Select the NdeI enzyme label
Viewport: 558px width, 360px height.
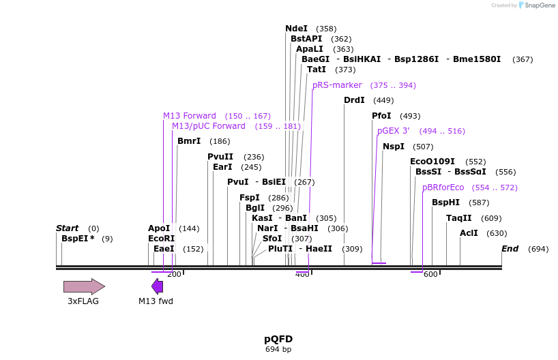296,29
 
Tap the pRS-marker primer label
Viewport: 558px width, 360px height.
337,85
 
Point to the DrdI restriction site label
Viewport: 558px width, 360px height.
354,100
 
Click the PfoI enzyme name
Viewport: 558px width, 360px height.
381,116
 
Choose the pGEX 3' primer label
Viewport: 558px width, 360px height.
393,131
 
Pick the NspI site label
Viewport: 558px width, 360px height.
394,147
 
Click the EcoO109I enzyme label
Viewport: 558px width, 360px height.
432,162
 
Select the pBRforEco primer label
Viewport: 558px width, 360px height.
443,187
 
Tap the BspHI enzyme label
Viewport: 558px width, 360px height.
445,202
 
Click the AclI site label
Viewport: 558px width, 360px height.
469,233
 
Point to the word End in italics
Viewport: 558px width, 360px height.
510,249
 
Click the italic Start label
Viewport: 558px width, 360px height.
67,228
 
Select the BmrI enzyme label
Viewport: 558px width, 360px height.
189,141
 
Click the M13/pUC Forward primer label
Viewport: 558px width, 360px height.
208,126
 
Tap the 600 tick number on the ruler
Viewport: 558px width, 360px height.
430,274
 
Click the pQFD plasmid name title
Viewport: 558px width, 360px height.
278,339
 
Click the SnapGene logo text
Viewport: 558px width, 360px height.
539,5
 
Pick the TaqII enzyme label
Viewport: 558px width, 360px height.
458,218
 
